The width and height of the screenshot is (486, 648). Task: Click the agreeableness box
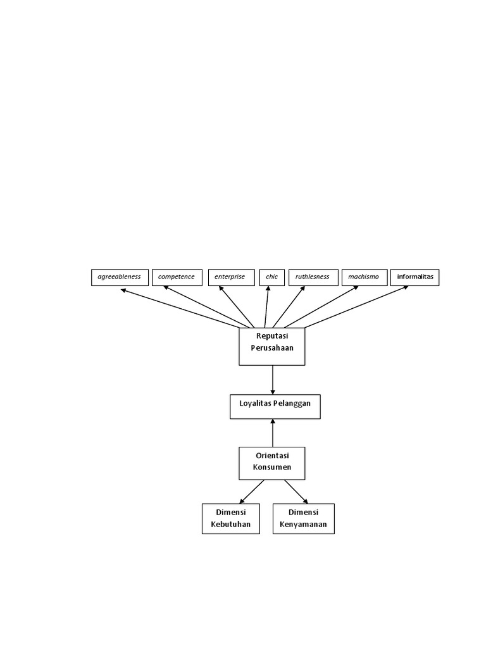click(120, 277)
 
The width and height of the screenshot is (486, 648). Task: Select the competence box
click(177, 277)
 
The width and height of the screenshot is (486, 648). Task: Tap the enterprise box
click(230, 277)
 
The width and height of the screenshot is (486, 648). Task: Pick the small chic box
click(272, 277)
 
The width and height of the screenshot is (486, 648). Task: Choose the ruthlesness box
click(313, 277)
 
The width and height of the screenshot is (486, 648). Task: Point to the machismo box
click(364, 277)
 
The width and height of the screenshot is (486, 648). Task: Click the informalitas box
click(414, 277)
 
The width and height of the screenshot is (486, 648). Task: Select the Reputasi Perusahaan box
click(272, 346)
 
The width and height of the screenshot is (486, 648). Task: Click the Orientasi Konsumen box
click(272, 463)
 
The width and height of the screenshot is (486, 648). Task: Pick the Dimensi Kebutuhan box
click(231, 518)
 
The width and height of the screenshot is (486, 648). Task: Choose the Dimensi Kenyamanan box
click(303, 518)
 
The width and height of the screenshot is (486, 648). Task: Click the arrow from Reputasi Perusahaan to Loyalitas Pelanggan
click(273, 380)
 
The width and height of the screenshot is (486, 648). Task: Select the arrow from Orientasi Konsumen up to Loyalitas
click(273, 433)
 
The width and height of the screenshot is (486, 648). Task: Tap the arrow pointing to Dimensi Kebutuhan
click(252, 491)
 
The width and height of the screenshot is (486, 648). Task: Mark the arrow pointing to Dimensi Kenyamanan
click(296, 491)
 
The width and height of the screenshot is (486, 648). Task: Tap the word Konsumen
click(272, 468)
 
